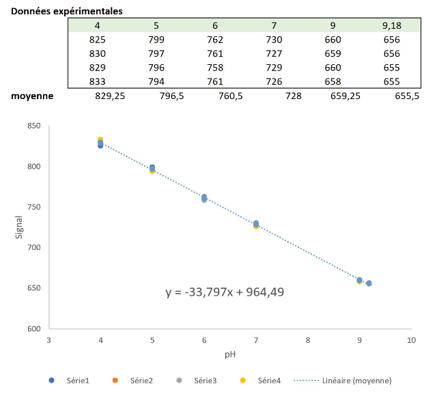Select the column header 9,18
click(391, 26)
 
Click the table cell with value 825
click(98, 40)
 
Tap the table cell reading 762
click(215, 40)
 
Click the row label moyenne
click(32, 96)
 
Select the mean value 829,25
click(110, 96)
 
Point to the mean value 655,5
click(407, 96)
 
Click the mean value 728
click(294, 96)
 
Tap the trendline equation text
click(225, 292)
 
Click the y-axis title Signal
click(18, 228)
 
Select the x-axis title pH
click(230, 355)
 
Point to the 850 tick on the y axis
click(34, 126)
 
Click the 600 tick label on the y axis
click(34, 329)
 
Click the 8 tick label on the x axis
click(307, 340)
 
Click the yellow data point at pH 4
click(100, 139)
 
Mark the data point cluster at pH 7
click(256, 224)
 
